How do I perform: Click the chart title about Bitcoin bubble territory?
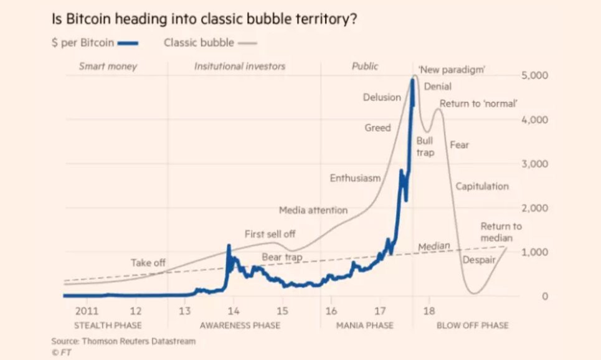pyautogui.click(x=204, y=19)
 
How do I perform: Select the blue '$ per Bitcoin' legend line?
pyautogui.click(x=126, y=44)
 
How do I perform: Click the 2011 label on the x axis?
pyautogui.click(x=87, y=310)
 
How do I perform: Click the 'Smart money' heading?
pyautogui.click(x=108, y=66)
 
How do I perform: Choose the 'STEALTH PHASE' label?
pyautogui.click(x=108, y=325)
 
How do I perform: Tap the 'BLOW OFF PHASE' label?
pyautogui.click(x=472, y=325)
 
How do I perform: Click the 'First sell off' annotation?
pyautogui.click(x=270, y=234)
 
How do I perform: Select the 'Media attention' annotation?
pyautogui.click(x=313, y=211)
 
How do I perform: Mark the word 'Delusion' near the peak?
pyautogui.click(x=382, y=97)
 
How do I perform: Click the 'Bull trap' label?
pyautogui.click(x=425, y=146)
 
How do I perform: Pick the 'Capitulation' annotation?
pyautogui.click(x=482, y=186)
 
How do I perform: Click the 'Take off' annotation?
pyautogui.click(x=148, y=263)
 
